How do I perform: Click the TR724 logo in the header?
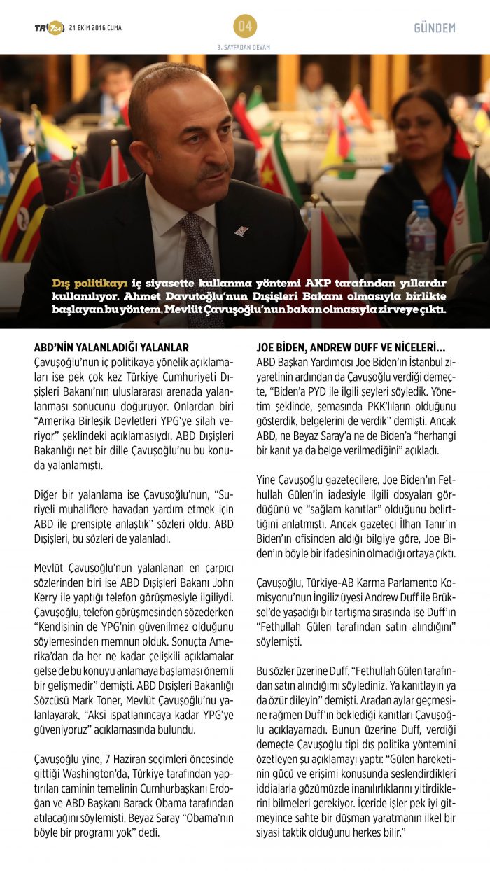pos(48,28)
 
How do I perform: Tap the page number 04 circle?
pos(245,27)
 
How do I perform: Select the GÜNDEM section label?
pos(435,28)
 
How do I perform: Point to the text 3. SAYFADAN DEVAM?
pos(245,48)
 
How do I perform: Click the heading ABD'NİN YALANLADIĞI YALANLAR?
pos(111,348)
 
